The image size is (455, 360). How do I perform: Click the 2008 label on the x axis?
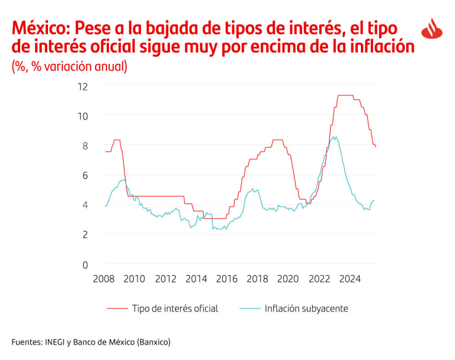(104, 279)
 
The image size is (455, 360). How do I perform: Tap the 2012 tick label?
(165, 279)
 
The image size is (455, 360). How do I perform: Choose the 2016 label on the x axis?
(227, 279)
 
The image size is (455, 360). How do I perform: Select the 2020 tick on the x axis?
(288, 279)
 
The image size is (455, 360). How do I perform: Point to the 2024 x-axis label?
(350, 279)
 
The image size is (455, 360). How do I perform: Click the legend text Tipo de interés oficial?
(175, 308)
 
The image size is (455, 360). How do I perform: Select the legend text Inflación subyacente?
(306, 308)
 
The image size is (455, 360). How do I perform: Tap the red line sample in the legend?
(117, 308)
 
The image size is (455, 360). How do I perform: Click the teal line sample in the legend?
(249, 308)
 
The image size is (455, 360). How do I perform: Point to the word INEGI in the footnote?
(56, 342)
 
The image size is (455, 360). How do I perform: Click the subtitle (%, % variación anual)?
(69, 66)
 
